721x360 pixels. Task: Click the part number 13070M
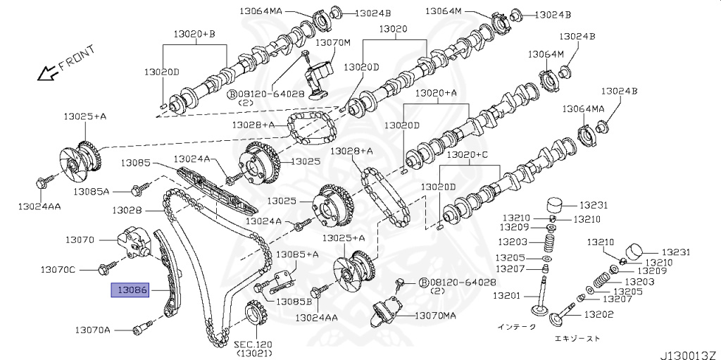[332, 42]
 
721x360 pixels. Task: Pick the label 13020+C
[470, 154]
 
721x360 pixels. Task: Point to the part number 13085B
[293, 302]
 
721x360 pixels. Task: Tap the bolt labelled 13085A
[139, 188]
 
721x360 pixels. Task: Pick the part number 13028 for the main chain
[127, 210]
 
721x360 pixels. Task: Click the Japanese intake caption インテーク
[516, 326]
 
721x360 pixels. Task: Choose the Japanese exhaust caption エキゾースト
[577, 339]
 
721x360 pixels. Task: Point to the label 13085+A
[296, 254]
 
